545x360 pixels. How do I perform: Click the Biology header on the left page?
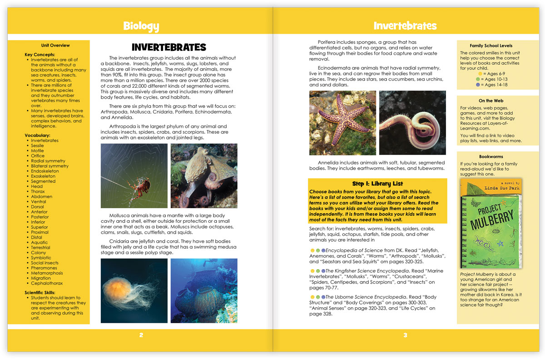tap(141, 26)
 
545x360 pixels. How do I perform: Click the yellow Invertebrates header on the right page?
tap(405, 26)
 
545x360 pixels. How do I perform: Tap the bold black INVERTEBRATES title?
tap(168, 47)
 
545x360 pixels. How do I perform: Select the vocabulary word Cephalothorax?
tap(47, 283)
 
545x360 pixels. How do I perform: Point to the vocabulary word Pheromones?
tap(44, 268)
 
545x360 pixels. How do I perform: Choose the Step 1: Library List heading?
tap(377, 184)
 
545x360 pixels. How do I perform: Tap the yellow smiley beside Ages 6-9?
tap(481, 74)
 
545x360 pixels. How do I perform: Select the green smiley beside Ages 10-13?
tap(478, 79)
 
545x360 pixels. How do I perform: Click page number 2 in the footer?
tap(141, 335)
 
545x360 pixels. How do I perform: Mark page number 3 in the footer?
tap(405, 335)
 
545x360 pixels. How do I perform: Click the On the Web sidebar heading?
tap(491, 101)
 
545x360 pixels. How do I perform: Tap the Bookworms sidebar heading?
tap(491, 157)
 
